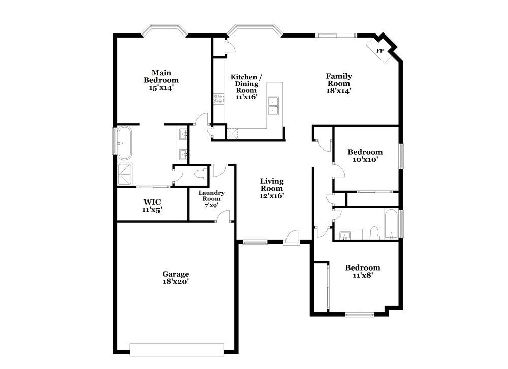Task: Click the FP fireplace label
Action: pyautogui.click(x=379, y=51)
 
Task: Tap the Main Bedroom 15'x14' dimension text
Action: pyautogui.click(x=162, y=88)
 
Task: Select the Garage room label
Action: pyautogui.click(x=176, y=274)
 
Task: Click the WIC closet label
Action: pyautogui.click(x=152, y=203)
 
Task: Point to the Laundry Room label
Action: pyautogui.click(x=211, y=196)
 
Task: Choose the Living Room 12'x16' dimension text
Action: pyautogui.click(x=272, y=196)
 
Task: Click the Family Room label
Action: pyautogui.click(x=338, y=80)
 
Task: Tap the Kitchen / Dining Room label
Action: pyautogui.click(x=246, y=84)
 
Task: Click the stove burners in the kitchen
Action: pyautogui.click(x=218, y=99)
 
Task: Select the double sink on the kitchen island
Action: pyautogui.click(x=273, y=106)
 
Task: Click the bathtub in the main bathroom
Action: pyautogui.click(x=124, y=143)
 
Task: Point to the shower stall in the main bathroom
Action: pyautogui.click(x=125, y=174)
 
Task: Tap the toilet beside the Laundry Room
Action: pyautogui.click(x=201, y=173)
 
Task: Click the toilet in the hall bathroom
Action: pyautogui.click(x=374, y=233)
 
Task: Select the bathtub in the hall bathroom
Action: pyautogui.click(x=391, y=224)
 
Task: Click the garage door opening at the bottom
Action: pyautogui.click(x=177, y=350)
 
